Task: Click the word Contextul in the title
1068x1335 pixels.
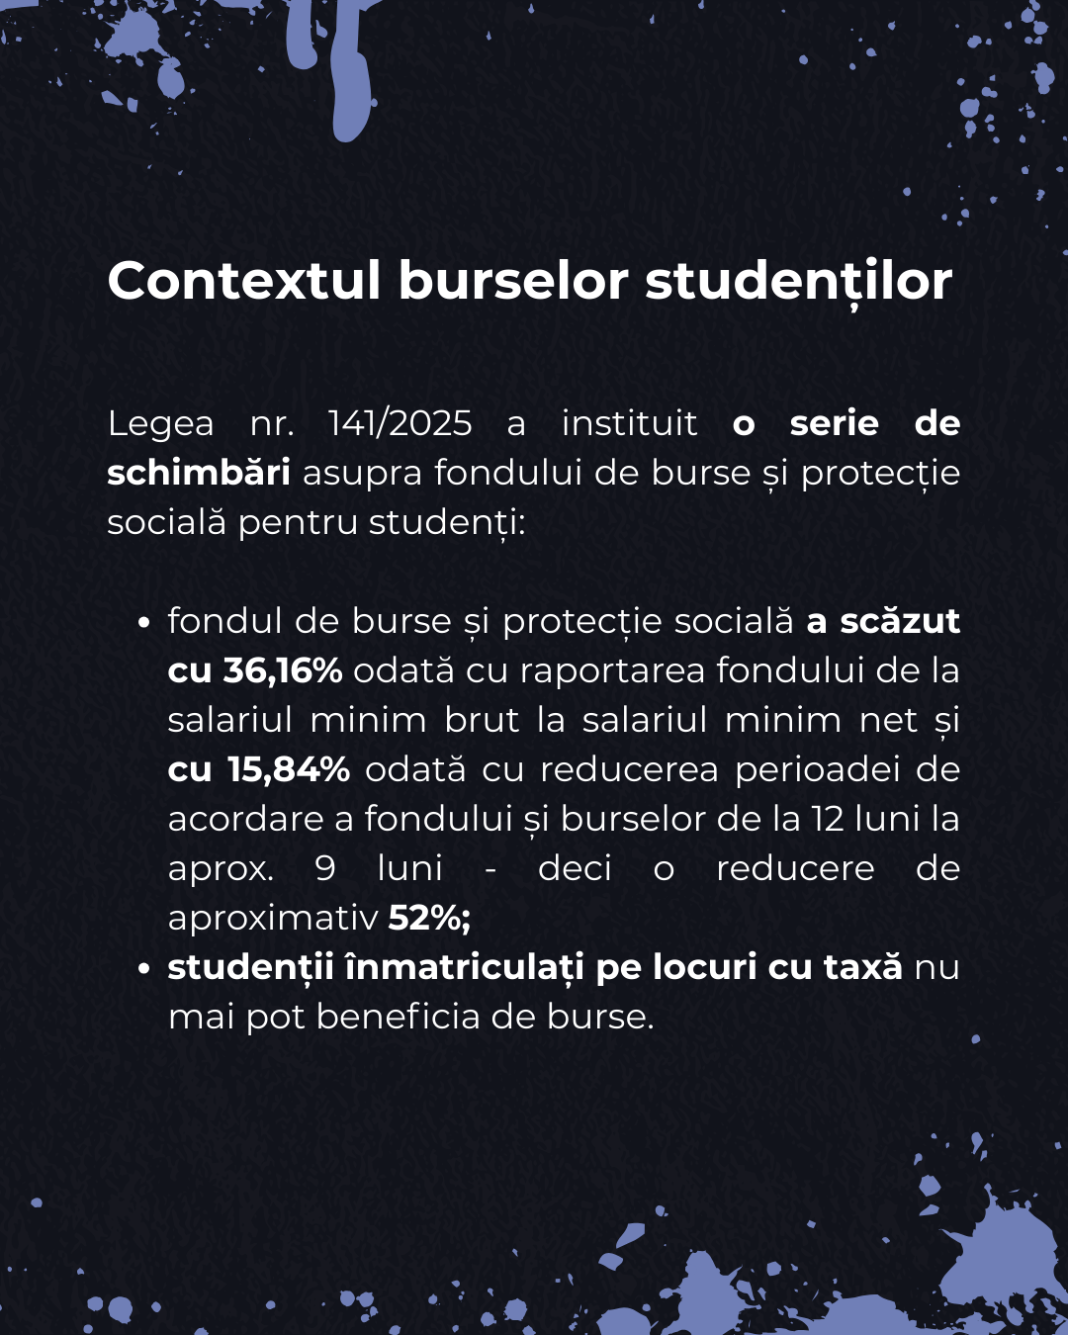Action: (x=243, y=281)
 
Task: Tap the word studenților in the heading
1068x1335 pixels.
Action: (x=798, y=281)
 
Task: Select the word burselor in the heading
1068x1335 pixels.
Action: (x=512, y=281)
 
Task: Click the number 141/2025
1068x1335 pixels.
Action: (x=400, y=423)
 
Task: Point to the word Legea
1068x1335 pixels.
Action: (x=160, y=423)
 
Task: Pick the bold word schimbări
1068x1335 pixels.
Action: (x=198, y=473)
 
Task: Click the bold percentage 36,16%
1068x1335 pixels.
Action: (x=282, y=670)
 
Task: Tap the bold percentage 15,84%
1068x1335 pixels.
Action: (x=289, y=769)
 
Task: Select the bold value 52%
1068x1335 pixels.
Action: (x=428, y=918)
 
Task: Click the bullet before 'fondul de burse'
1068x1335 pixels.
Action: (x=144, y=623)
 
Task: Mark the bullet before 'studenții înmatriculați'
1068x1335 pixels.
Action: (x=144, y=969)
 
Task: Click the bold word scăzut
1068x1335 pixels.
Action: (x=900, y=621)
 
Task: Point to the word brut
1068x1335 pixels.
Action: (x=482, y=720)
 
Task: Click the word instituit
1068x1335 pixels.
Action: (x=629, y=423)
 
